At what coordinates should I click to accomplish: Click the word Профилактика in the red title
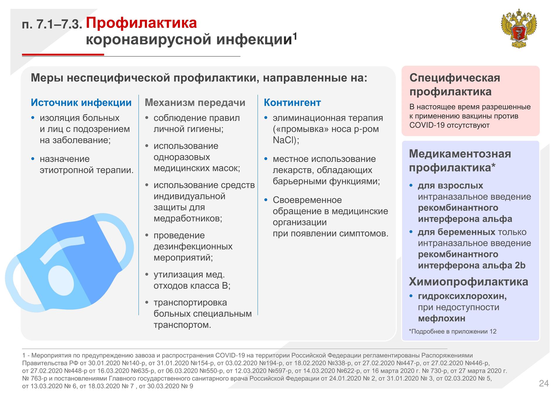point(141,23)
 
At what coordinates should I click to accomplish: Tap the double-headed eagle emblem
point(519,28)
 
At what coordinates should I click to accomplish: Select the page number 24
point(544,383)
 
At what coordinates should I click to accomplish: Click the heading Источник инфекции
point(81,103)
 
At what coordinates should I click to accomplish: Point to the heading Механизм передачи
point(195,103)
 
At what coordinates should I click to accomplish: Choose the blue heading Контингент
point(292,103)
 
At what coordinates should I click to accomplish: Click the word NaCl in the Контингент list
point(283,140)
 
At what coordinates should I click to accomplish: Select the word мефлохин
point(441,318)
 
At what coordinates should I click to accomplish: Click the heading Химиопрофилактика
point(468,282)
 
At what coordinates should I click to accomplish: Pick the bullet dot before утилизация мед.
point(147,274)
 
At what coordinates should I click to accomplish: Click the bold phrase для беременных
point(456,232)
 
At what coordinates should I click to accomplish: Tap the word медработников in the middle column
point(188,219)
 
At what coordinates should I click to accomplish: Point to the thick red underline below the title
point(63,54)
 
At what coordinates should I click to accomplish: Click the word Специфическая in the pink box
point(455,78)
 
